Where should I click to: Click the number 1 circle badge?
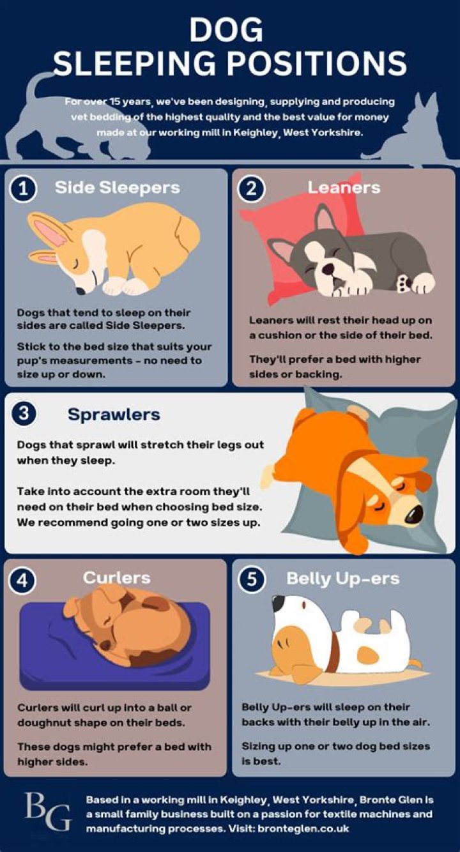[x=23, y=188]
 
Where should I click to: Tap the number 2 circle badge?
[x=250, y=188]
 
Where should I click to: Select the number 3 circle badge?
[x=23, y=414]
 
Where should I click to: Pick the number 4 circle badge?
[x=23, y=580]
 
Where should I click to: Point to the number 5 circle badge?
[x=250, y=580]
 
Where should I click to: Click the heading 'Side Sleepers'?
[x=117, y=188]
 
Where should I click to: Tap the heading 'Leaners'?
[x=344, y=188]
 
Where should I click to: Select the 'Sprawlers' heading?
[x=114, y=415]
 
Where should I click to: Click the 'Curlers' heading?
[x=116, y=578]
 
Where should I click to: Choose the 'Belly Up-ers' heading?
[x=342, y=579]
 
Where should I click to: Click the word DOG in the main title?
[x=227, y=31]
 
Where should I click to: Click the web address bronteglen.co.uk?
[x=297, y=828]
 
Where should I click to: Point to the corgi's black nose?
[x=81, y=291]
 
